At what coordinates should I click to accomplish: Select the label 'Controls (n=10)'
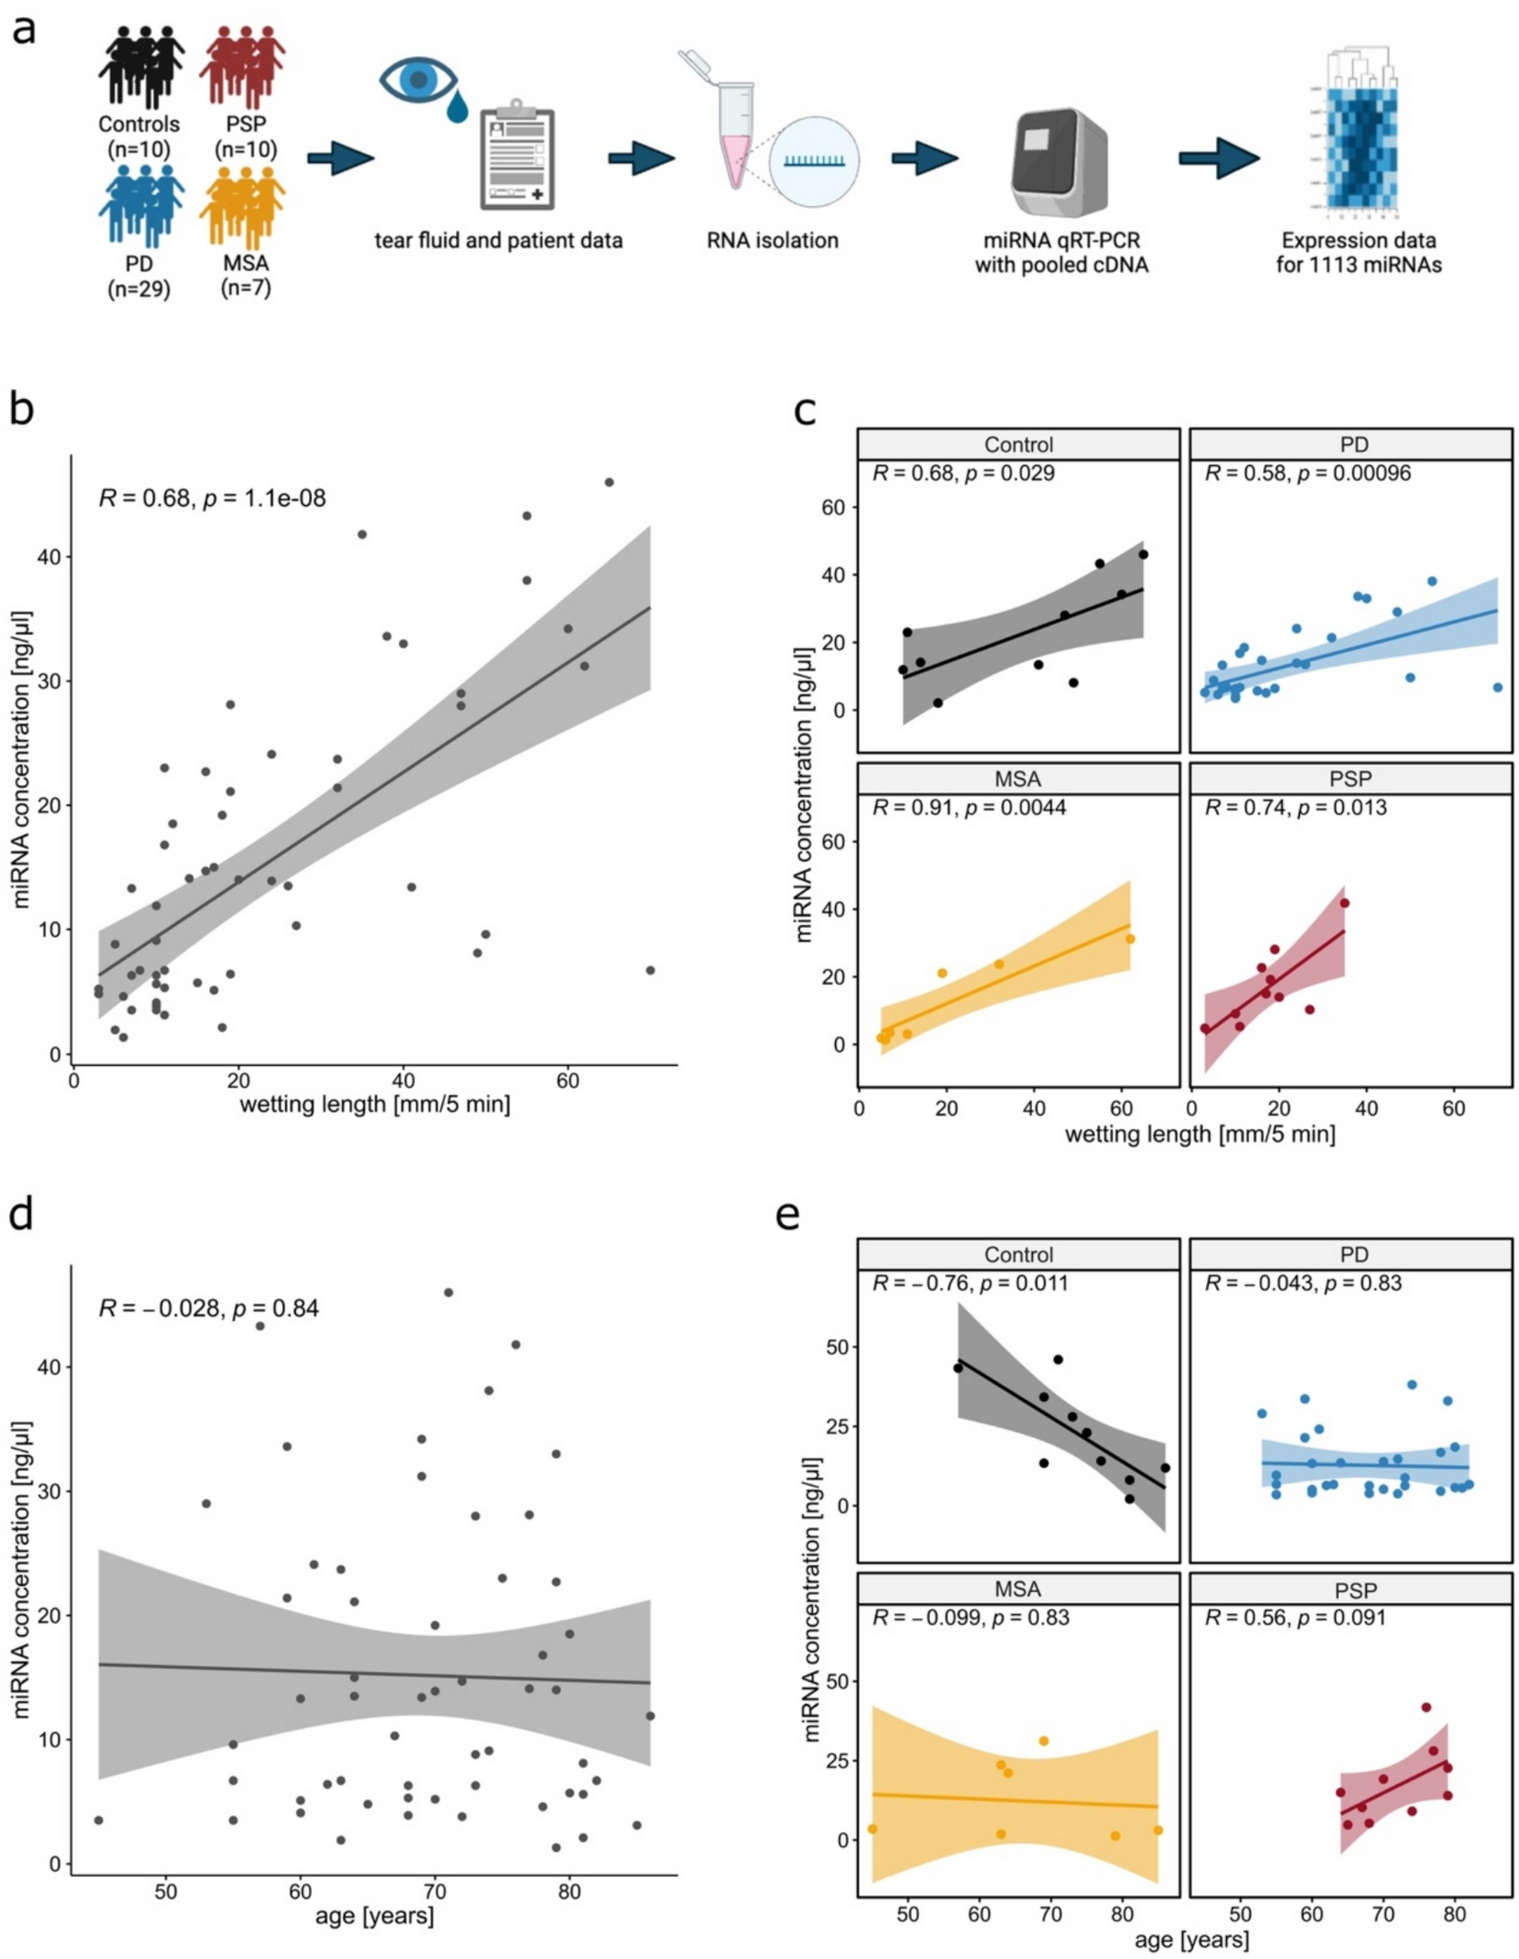(x=139, y=136)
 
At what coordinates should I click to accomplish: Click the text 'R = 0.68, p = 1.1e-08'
(x=212, y=496)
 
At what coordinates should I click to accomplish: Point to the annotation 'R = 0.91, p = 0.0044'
(x=969, y=808)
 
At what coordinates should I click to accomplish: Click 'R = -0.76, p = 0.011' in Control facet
(x=971, y=1283)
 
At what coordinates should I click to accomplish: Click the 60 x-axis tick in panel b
(x=568, y=1080)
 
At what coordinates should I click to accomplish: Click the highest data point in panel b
(x=609, y=482)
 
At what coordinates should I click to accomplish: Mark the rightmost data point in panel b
(x=650, y=969)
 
